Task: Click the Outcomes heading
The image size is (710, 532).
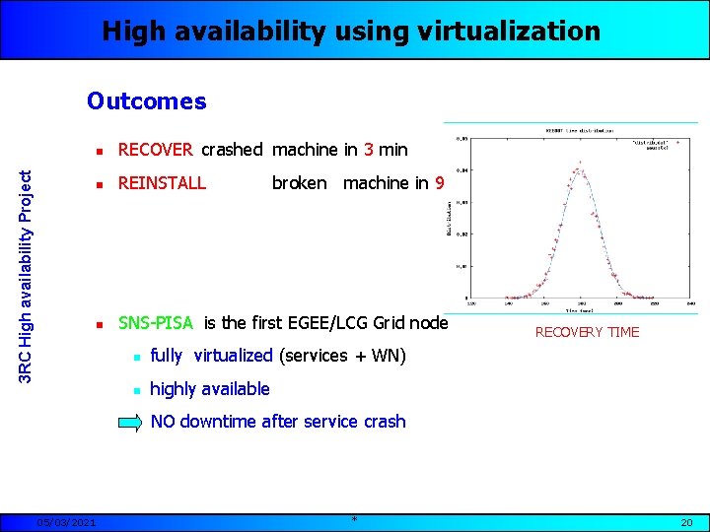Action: click(147, 101)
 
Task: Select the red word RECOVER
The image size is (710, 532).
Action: click(156, 150)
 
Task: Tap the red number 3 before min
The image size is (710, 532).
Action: click(368, 150)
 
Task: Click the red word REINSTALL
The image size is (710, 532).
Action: click(162, 182)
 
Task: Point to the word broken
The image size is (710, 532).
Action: click(299, 182)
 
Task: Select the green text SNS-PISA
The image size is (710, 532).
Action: click(158, 323)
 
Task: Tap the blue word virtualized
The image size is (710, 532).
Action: click(233, 355)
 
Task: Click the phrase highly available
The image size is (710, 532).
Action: click(209, 389)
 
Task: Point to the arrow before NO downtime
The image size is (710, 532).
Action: click(131, 423)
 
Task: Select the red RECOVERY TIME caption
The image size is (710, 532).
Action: click(587, 332)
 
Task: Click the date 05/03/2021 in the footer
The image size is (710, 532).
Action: click(66, 522)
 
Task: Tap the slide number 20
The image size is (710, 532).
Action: click(687, 522)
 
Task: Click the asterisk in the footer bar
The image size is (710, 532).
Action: click(354, 520)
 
